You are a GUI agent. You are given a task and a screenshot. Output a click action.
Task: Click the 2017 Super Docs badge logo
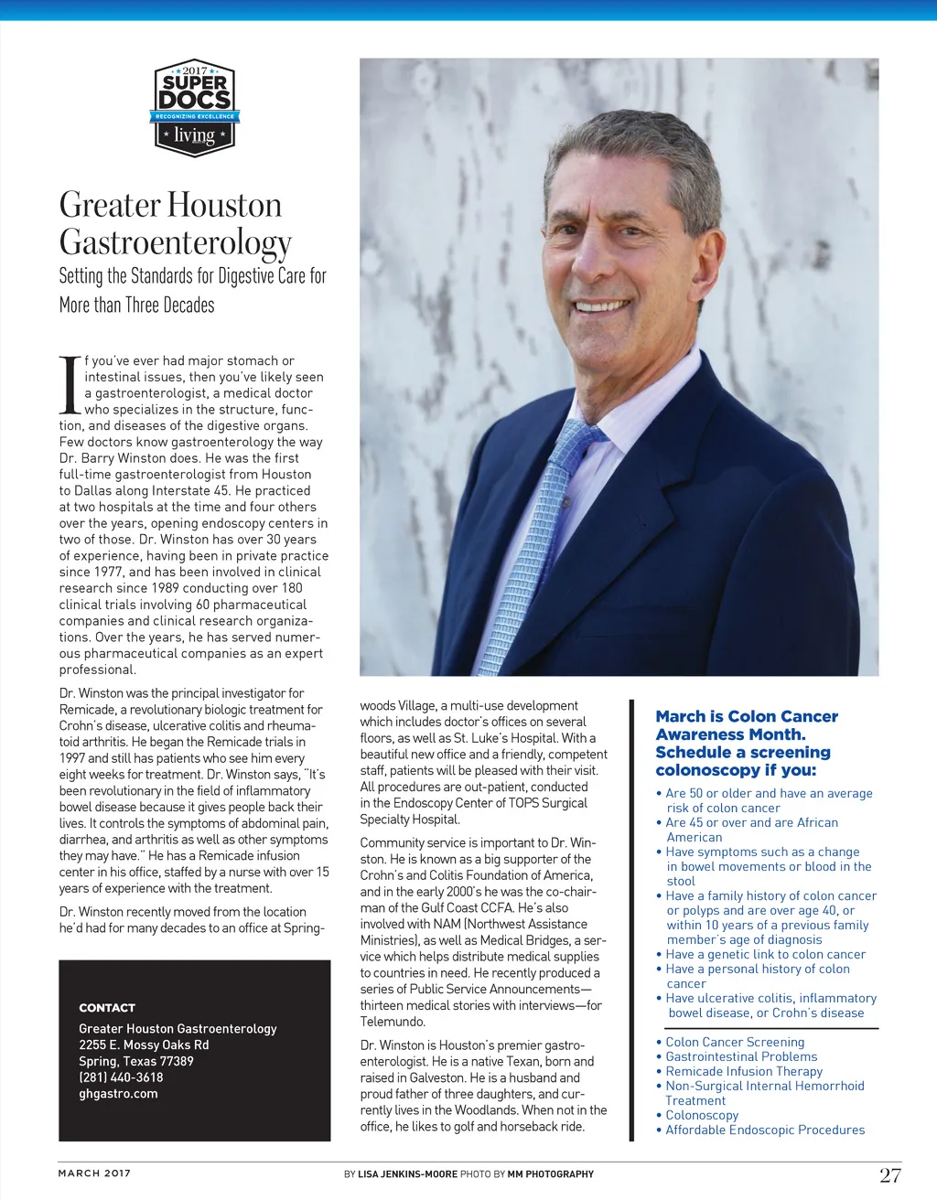coord(194,109)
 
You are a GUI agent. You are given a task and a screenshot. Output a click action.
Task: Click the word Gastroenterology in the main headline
coord(176,242)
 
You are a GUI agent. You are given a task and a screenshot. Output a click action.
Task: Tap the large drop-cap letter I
coord(70,384)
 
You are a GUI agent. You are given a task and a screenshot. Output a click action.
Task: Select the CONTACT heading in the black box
coord(107,1007)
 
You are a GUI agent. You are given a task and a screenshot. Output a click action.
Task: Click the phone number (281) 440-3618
coord(121,1077)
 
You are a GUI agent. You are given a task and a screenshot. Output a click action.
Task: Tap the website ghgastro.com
coord(118,1094)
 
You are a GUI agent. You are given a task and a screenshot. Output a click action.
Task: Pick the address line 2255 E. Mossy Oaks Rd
coord(144,1045)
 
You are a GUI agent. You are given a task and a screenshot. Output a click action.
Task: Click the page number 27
coord(889,1175)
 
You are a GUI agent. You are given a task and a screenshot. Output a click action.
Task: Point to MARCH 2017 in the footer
coord(94,1173)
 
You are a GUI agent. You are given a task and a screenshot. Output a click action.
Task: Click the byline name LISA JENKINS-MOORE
coord(407,1174)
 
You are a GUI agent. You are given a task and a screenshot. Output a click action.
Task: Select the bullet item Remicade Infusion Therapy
coord(744,1071)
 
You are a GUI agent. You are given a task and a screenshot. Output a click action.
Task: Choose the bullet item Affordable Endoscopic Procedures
coord(765,1130)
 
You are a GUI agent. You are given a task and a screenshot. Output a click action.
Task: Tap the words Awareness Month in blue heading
coord(730,734)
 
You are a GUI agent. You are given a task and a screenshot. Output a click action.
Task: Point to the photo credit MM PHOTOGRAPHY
coord(550,1174)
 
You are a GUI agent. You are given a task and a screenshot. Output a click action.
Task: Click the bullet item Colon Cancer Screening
coord(735,1042)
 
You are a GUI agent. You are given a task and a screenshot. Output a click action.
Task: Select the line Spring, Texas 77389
coord(136,1061)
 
